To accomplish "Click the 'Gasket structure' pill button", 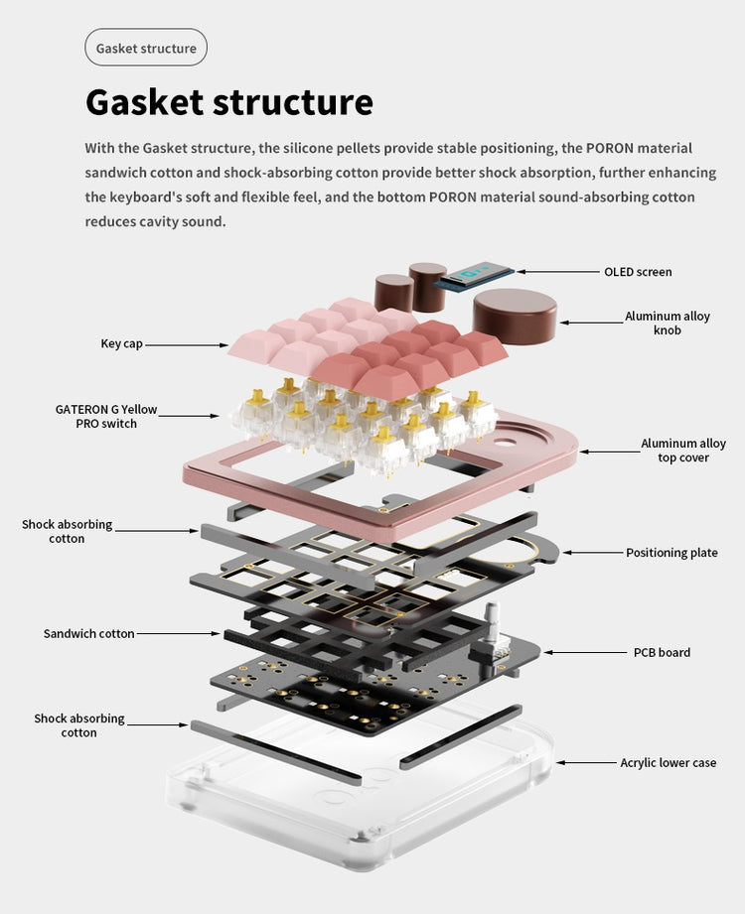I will click(x=146, y=48).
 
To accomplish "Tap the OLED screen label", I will click(x=638, y=272).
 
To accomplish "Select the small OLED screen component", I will click(x=478, y=275).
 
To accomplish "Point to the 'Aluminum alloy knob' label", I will click(x=667, y=323).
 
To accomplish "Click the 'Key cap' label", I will click(x=122, y=343).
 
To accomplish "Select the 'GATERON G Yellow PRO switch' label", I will click(x=106, y=416).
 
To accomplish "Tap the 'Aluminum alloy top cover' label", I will click(x=682, y=451).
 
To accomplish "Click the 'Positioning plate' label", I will click(x=671, y=553).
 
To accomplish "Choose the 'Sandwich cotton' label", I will click(x=88, y=633).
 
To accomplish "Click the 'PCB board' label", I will click(x=662, y=652).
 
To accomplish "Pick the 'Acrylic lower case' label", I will click(x=668, y=762).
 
